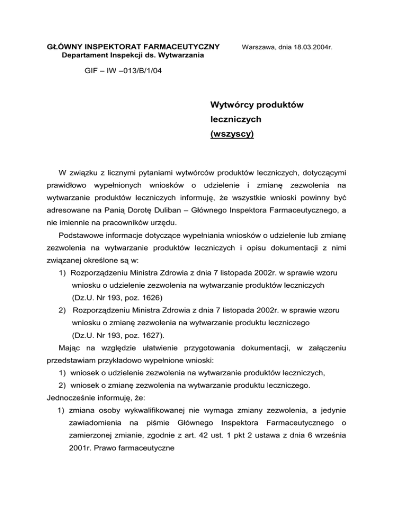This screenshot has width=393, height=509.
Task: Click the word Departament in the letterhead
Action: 81,55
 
